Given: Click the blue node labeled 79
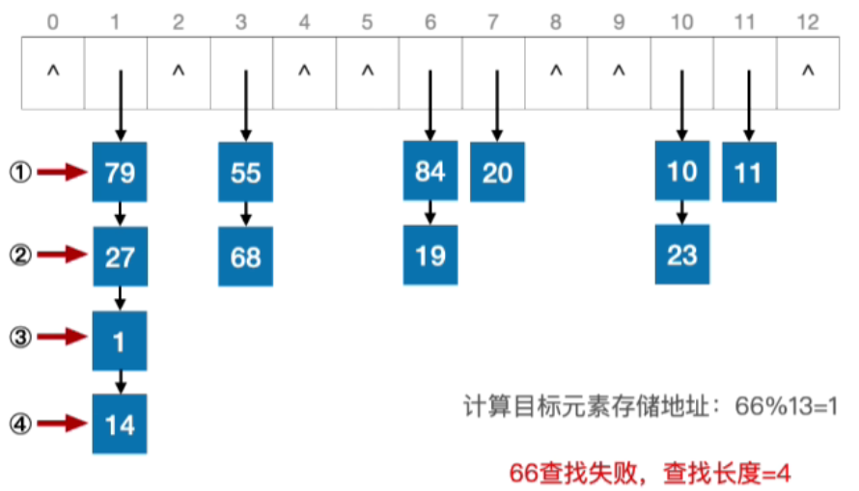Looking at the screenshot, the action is coord(120,172).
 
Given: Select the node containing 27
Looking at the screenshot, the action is coord(120,257).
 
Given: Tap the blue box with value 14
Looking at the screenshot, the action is coord(120,424).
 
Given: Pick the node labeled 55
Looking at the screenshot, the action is coord(246,172).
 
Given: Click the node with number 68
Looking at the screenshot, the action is coord(246,257).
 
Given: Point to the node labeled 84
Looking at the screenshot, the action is coord(430,172).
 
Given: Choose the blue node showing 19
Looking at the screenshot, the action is coord(430,257).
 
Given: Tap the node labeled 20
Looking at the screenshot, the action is coord(497,173).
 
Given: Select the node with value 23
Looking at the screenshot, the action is coord(681,257).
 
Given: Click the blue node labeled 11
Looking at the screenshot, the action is coord(749,173).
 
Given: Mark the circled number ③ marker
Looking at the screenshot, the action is coord(21,338).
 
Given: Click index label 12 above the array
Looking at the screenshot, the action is coord(809,19).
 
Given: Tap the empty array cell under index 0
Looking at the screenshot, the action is coord(52,72).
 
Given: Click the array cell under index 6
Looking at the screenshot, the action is coord(430,72).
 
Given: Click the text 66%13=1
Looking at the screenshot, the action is coord(788,406).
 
